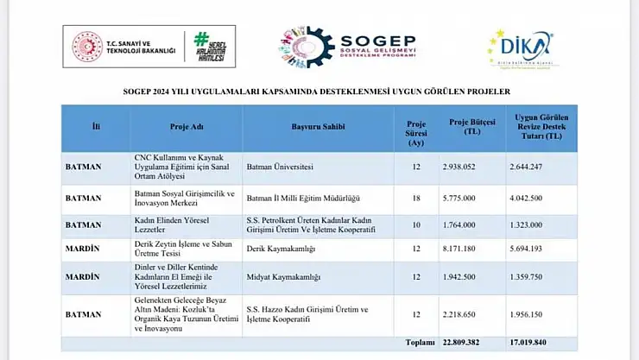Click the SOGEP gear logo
point(306,47)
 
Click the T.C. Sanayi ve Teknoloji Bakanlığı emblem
point(86,47)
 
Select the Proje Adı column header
point(186,127)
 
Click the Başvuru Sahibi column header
point(318,127)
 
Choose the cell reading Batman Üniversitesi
point(280,166)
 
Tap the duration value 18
point(417,199)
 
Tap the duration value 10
point(417,224)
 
